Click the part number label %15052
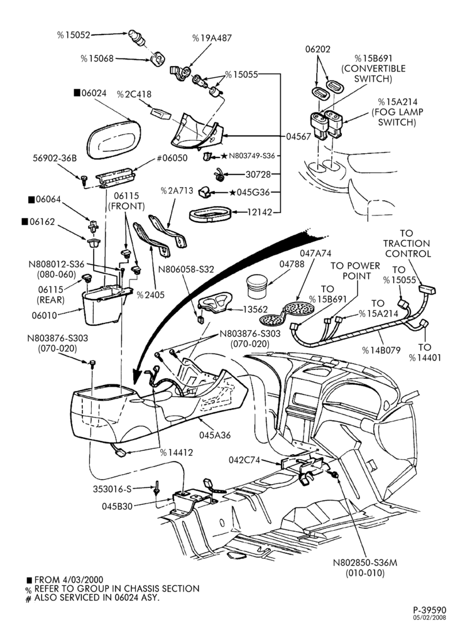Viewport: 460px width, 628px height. coord(74,35)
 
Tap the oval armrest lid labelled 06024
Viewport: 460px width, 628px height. coord(114,139)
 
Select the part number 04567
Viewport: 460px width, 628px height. coord(298,136)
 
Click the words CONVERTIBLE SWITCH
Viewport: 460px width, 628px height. coord(373,73)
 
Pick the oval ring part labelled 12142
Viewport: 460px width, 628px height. coord(209,214)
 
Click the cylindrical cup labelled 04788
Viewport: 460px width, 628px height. coord(257,286)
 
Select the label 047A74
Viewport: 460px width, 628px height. coord(316,253)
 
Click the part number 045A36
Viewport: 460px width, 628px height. coord(215,435)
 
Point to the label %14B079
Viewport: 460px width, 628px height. coord(381,350)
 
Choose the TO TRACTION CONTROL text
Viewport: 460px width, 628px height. coord(407,244)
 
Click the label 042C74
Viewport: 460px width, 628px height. coord(244,460)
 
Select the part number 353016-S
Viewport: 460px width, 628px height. coord(112,489)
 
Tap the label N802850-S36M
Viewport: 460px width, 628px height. coord(365,563)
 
